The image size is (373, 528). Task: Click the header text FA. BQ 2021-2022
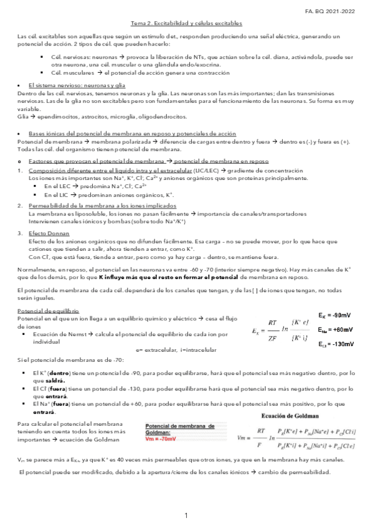pos(340,11)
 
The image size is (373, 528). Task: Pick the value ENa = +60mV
pos(336,330)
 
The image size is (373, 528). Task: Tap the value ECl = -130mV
pos(336,344)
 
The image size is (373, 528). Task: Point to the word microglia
pos(125,116)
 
